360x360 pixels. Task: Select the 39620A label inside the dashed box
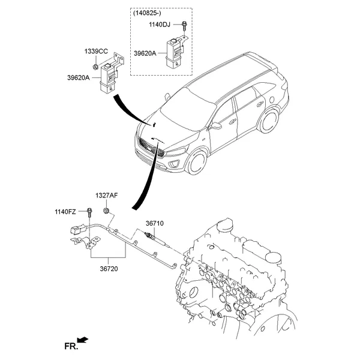click(146, 53)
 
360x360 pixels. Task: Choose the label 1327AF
click(107, 196)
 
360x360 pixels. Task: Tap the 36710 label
click(154, 223)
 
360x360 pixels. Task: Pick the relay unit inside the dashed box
click(175, 49)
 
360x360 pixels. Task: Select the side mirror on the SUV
click(216, 125)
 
